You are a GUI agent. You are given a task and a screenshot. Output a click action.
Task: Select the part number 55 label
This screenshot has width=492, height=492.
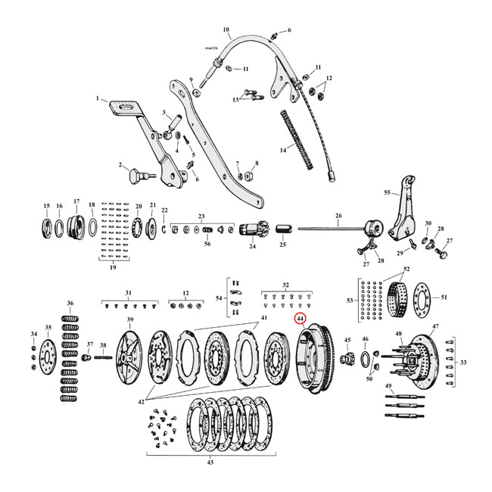point(387,193)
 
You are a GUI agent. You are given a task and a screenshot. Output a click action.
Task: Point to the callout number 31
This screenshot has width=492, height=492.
point(128,293)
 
